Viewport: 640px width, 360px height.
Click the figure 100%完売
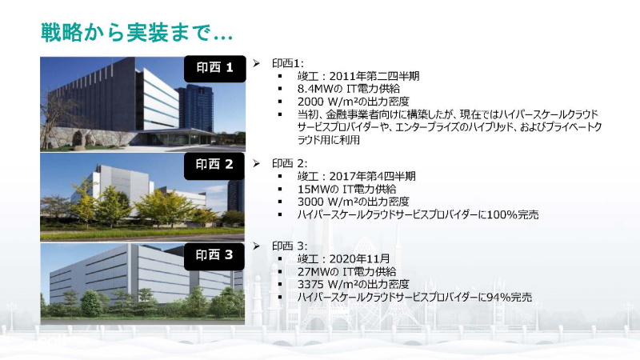point(510,214)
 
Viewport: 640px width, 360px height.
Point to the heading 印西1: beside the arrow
point(286,63)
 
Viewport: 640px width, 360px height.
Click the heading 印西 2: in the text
point(289,163)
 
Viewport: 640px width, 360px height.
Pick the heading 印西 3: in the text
point(289,246)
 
